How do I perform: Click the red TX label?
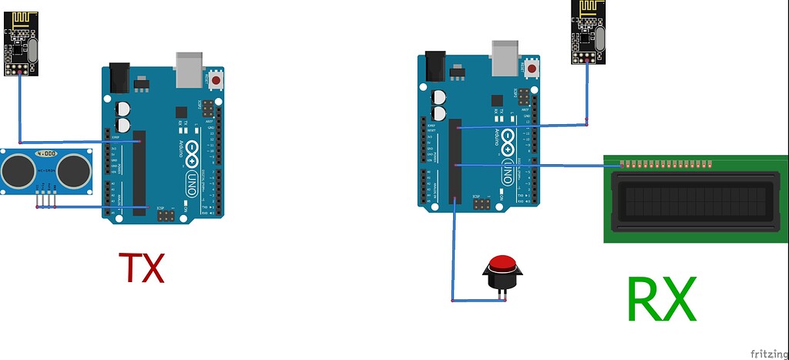142,267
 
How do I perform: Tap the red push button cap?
503,264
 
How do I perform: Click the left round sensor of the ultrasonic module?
18,170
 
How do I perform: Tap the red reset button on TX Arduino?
217,79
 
